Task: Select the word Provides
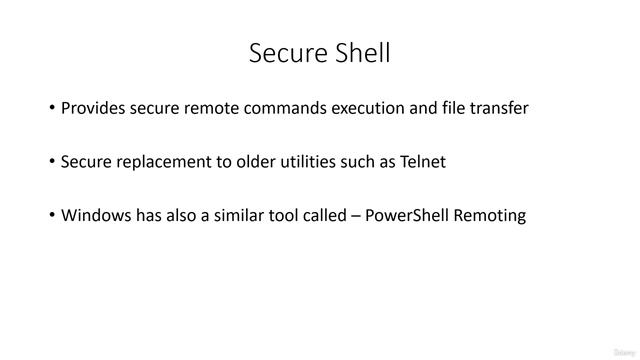(93, 108)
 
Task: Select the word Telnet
(422, 162)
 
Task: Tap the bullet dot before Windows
(52, 215)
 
